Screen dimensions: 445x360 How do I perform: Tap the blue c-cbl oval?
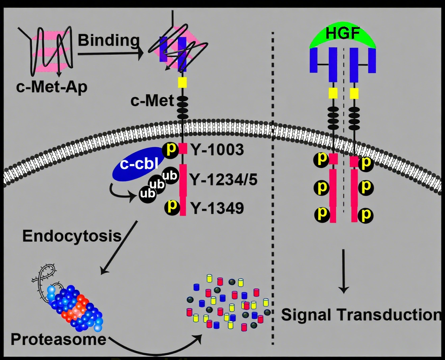(x=139, y=164)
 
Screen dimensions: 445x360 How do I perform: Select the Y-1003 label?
(x=217, y=150)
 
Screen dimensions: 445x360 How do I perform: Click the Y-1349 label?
(x=217, y=208)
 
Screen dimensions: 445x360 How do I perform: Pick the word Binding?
(x=109, y=40)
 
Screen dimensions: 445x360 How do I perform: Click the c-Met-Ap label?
(x=52, y=87)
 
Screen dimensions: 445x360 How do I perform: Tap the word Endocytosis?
(x=72, y=236)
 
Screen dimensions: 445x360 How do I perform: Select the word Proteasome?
(x=58, y=339)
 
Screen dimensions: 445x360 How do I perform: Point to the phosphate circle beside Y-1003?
(x=170, y=149)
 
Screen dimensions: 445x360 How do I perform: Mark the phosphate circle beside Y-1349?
(x=172, y=207)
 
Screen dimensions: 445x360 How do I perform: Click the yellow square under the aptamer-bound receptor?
(x=182, y=83)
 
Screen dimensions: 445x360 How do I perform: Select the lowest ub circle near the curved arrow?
(x=147, y=194)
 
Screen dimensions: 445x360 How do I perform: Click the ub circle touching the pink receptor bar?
(x=170, y=176)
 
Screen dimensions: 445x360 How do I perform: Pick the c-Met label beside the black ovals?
(x=152, y=101)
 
